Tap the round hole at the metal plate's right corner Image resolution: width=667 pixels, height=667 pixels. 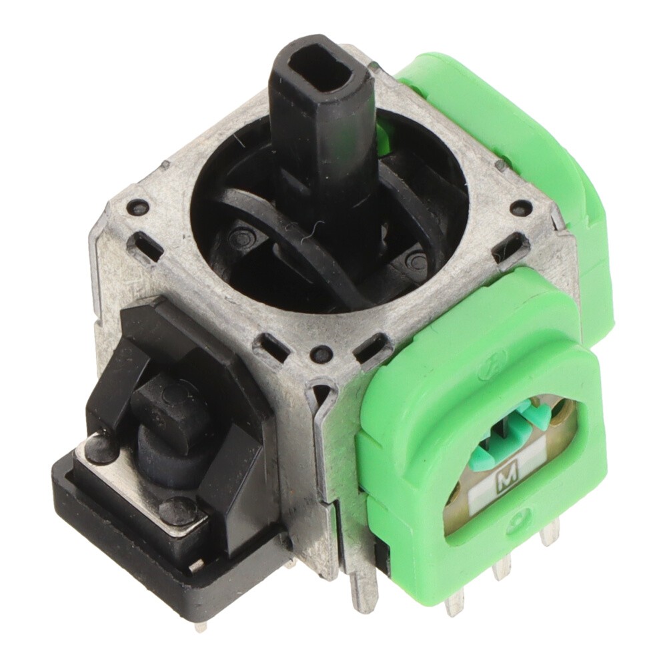(x=518, y=207)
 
